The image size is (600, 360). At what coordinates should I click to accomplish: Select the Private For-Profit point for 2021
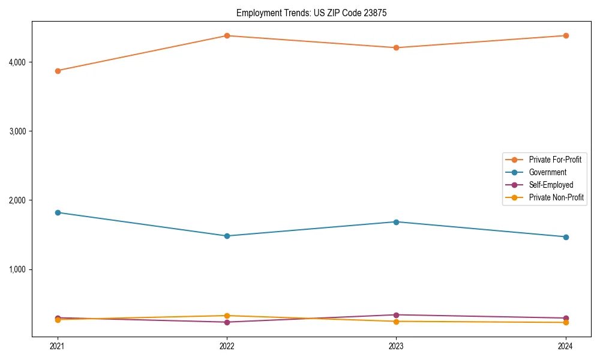click(x=58, y=71)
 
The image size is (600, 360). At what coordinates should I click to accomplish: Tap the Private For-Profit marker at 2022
click(x=227, y=36)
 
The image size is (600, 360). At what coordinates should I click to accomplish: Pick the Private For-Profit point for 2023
click(x=396, y=48)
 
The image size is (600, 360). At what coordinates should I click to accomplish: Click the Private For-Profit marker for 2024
click(x=566, y=36)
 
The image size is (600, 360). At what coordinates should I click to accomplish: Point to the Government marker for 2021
click(x=58, y=212)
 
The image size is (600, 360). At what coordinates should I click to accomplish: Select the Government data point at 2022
click(x=227, y=236)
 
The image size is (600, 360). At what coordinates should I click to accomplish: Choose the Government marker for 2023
click(x=396, y=222)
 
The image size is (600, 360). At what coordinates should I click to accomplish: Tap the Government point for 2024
click(x=566, y=237)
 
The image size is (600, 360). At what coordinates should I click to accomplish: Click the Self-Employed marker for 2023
click(x=396, y=315)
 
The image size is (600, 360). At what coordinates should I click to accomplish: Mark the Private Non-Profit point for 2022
click(x=227, y=316)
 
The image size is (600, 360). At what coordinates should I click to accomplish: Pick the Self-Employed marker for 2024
click(x=566, y=318)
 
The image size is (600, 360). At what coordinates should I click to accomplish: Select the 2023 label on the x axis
click(x=396, y=346)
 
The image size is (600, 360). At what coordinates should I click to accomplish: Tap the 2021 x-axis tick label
click(x=58, y=346)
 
